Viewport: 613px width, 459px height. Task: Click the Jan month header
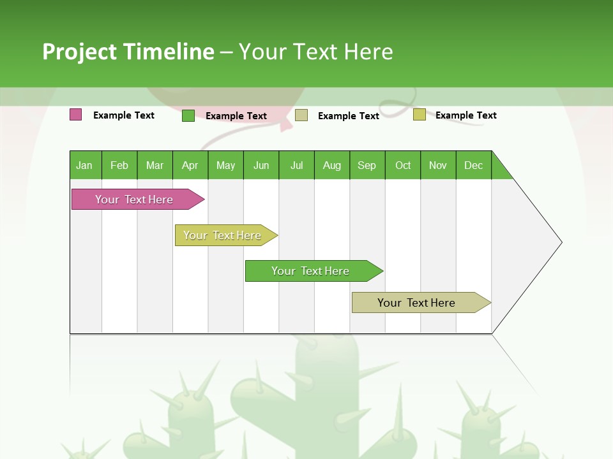coord(85,165)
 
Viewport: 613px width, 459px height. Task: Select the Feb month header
coord(119,165)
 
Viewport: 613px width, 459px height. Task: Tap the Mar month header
coord(155,165)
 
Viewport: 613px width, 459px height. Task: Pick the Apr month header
coord(190,165)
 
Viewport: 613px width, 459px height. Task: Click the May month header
coord(225,165)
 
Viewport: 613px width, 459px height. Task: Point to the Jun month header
coord(261,165)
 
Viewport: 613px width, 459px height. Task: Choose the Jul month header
coord(296,165)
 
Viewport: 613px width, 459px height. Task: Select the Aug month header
coord(332,165)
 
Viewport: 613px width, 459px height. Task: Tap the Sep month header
coord(367,165)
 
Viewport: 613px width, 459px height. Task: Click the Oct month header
coord(403,165)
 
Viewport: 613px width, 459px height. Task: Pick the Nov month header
coord(438,165)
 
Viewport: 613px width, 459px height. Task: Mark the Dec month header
coord(474,165)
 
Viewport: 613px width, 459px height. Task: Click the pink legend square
coord(75,115)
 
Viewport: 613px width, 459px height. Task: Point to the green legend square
coord(188,115)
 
